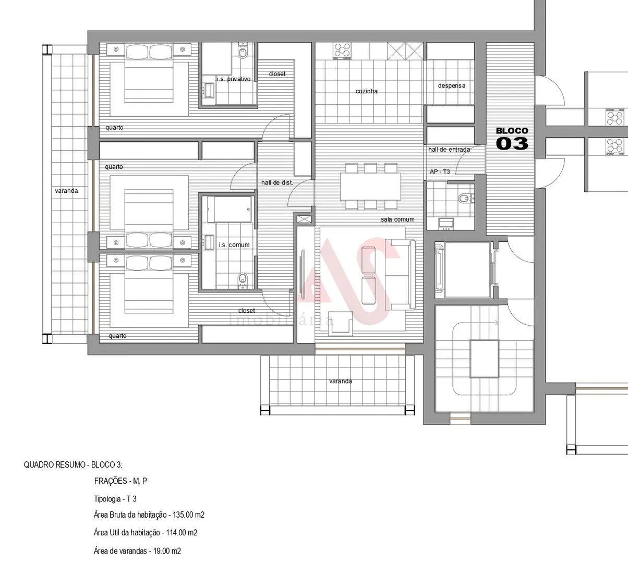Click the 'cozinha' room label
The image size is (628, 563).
[x=367, y=91]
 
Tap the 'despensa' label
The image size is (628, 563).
[x=451, y=85]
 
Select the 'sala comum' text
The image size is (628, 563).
[x=397, y=219]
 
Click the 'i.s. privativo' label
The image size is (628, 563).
[x=233, y=79]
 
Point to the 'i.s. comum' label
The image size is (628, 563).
[x=234, y=245]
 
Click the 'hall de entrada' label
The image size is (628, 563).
[x=449, y=150]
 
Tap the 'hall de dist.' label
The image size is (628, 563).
[x=276, y=183]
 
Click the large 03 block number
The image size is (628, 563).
[x=512, y=143]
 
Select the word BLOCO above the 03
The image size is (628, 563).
[x=512, y=131]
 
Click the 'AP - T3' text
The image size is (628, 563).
[x=440, y=172]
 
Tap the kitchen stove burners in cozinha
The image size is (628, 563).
[x=343, y=51]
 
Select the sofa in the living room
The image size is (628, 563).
[x=401, y=275]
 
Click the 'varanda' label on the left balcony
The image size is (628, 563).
[x=66, y=191]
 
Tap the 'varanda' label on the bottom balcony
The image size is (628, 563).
[x=340, y=381]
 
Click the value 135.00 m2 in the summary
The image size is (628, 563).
[x=186, y=515]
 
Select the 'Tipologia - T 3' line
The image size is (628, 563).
[x=115, y=499]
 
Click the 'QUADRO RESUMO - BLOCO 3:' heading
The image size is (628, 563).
[x=73, y=464]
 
